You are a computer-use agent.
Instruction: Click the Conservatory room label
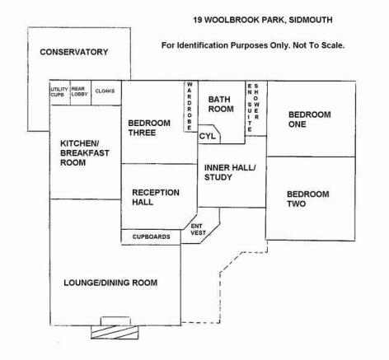74,52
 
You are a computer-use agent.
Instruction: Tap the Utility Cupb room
60,93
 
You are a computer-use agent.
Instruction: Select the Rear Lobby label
79,91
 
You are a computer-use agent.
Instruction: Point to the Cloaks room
106,93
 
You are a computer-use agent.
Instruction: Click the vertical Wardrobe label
190,105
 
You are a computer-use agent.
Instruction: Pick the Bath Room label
221,104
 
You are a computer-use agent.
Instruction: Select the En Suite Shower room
256,108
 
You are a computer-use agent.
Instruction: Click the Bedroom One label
310,119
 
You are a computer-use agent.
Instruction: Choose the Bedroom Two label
308,199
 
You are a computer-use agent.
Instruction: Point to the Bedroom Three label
149,128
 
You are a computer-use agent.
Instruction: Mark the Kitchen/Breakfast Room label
85,152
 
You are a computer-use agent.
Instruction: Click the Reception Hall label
156,197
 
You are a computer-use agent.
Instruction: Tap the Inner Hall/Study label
230,172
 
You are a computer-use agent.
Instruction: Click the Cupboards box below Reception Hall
151,237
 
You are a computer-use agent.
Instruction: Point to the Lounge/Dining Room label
110,283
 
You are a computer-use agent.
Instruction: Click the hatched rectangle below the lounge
115,332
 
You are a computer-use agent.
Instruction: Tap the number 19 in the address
198,20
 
